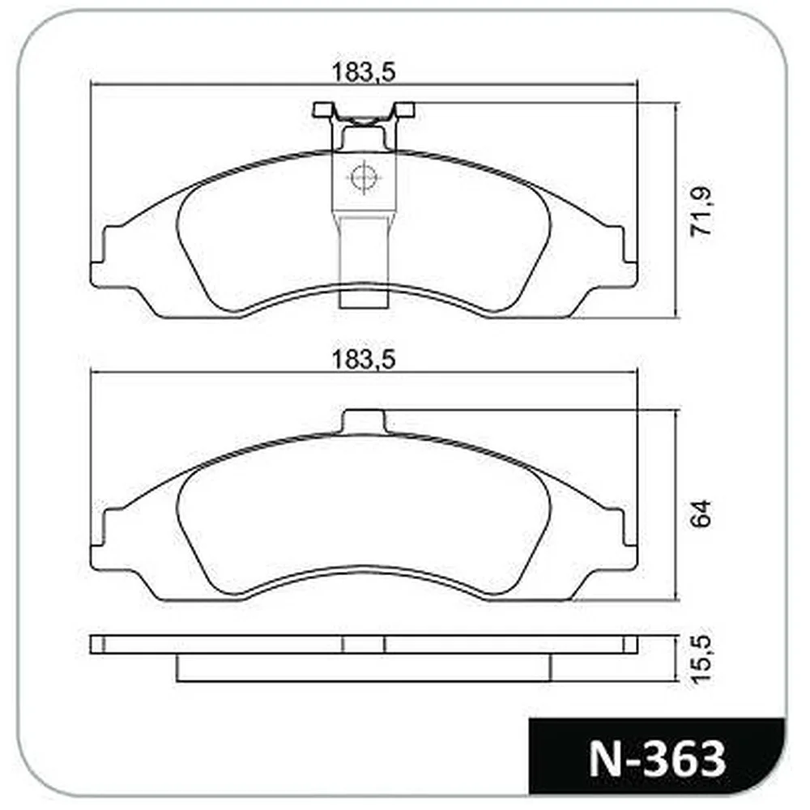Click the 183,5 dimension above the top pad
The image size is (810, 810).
[x=363, y=72]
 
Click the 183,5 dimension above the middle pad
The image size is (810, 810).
[x=363, y=360]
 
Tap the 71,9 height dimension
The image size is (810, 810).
[x=701, y=211]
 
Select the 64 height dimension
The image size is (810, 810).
[x=701, y=514]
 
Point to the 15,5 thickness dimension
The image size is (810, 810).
[x=701, y=659]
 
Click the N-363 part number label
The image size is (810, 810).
[x=657, y=759]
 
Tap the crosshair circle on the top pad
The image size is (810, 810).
[x=364, y=177]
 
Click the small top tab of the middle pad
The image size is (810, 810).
[x=364, y=421]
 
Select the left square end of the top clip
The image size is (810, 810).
[x=322, y=109]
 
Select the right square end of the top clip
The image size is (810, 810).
[x=404, y=109]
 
